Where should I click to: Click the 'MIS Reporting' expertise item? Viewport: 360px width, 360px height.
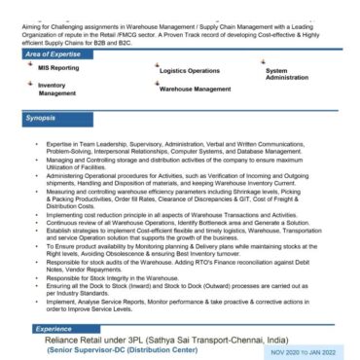[x=59, y=70]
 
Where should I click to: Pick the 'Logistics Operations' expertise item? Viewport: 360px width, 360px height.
[x=190, y=71]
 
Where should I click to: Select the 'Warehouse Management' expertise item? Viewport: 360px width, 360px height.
[x=195, y=89]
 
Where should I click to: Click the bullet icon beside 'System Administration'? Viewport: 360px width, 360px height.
[x=263, y=61]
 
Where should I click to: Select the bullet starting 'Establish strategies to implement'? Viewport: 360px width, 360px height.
[x=165, y=229]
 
